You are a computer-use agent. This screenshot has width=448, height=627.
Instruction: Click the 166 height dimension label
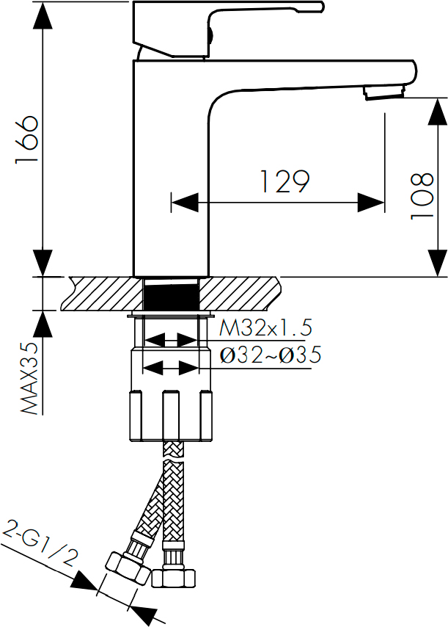point(26,139)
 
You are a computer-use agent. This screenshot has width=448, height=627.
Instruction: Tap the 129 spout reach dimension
point(284,181)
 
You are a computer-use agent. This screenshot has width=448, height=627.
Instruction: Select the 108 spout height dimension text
point(422,196)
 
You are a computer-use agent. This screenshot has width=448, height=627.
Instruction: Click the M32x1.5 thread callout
point(265,327)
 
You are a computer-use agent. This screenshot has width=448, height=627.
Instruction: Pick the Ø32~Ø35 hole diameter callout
point(271,355)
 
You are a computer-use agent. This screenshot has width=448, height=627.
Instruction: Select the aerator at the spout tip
point(384,93)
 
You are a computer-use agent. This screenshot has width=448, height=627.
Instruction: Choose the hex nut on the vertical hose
point(174,579)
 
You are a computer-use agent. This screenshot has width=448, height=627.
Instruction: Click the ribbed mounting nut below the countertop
point(171,415)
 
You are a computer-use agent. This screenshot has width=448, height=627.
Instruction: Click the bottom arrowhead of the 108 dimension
point(438,263)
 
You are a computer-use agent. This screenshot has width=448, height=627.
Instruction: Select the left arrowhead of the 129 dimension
point(185,203)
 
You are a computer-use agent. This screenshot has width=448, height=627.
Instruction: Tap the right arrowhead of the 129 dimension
point(371,203)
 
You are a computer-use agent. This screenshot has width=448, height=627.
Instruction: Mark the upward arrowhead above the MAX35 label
point(43,324)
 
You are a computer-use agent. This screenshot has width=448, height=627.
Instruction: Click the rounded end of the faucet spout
point(411,73)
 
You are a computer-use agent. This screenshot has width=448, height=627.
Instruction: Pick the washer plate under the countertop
point(171,315)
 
